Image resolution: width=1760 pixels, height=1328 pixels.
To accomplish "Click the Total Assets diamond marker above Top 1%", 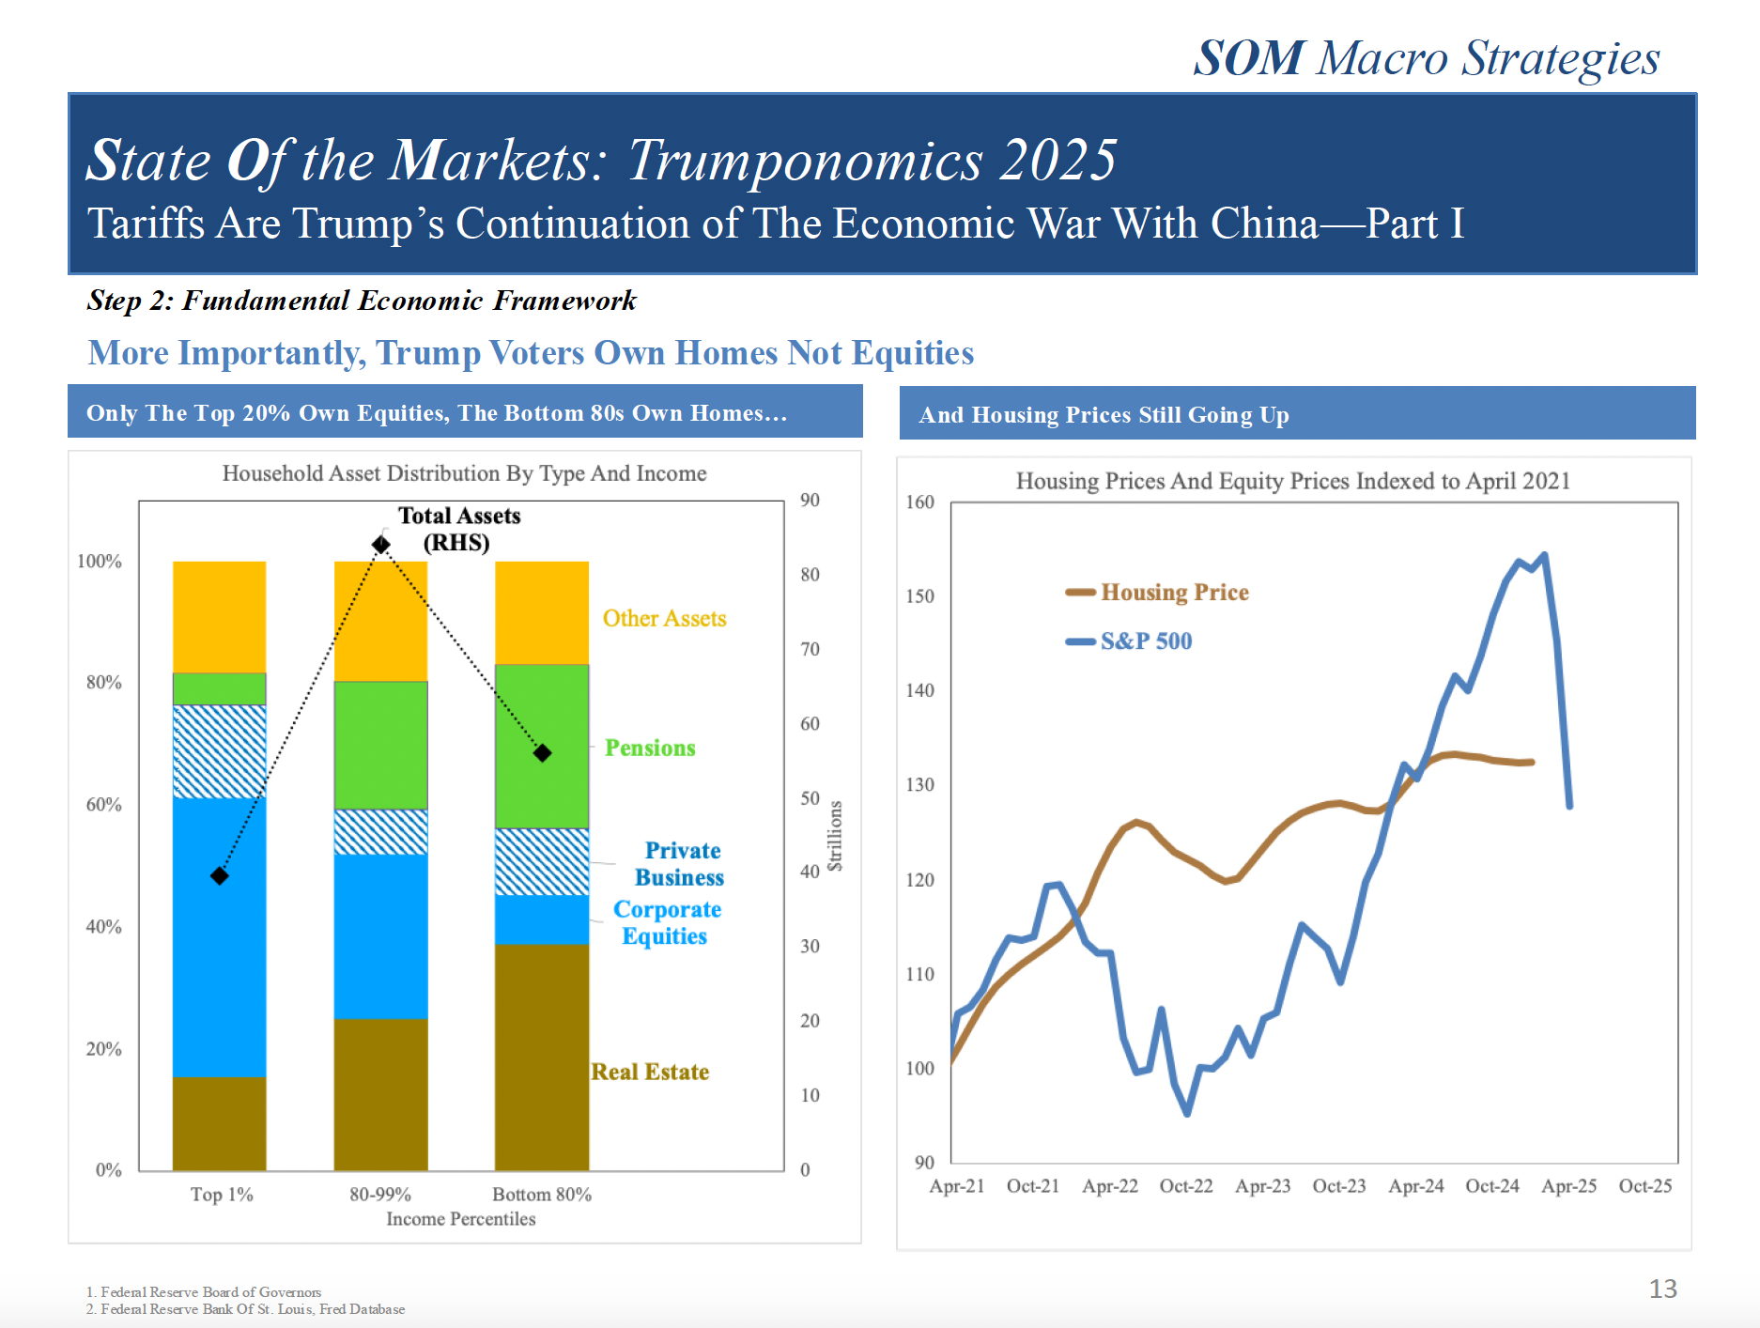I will [x=220, y=875].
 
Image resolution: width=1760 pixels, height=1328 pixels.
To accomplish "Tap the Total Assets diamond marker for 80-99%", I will [x=380, y=545].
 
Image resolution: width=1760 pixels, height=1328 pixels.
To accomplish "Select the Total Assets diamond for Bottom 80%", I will [x=542, y=753].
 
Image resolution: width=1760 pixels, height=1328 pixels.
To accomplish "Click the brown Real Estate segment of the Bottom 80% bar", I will [x=542, y=1057].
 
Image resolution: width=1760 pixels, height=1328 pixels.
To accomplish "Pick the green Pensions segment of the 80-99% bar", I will [x=380, y=745].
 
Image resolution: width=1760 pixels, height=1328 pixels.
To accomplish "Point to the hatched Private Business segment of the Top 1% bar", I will [x=219, y=751].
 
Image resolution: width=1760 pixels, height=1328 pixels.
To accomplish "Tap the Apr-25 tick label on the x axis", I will [x=1568, y=1186].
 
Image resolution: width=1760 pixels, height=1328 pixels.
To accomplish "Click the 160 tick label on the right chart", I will [x=919, y=502].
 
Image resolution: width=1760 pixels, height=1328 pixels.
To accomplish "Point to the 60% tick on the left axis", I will [x=103, y=805].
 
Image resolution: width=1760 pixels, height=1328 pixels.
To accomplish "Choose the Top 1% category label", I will [x=222, y=1195].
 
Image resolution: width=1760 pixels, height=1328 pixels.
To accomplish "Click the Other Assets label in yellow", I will [x=664, y=619].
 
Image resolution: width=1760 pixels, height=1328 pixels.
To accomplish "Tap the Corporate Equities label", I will [x=666, y=923].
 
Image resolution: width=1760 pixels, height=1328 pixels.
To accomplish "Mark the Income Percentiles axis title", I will [x=460, y=1219].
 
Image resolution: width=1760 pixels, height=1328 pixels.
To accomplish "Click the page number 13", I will [x=1662, y=1289].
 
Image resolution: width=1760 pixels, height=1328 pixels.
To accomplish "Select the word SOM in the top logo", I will [x=1248, y=58].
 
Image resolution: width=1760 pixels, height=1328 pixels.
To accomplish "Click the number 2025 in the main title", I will [x=1058, y=161].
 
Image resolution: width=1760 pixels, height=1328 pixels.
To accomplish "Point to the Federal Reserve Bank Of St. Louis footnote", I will [x=246, y=1309].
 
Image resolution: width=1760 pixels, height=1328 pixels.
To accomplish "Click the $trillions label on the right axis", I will [x=835, y=837].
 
